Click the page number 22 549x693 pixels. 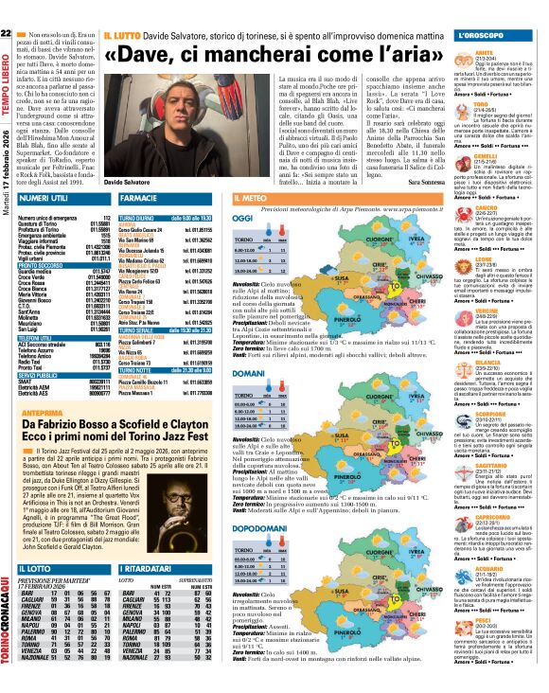click(7, 9)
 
